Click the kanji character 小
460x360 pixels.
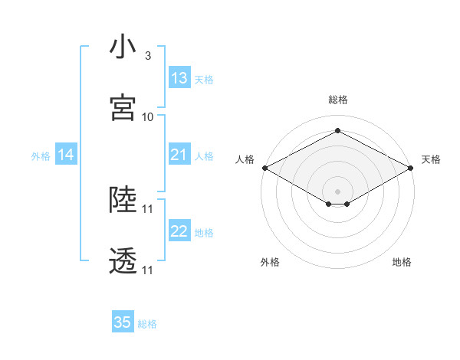pyautogui.click(x=123, y=47)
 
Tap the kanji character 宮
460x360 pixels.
pyautogui.click(x=123, y=108)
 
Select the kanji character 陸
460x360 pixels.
pyautogui.click(x=123, y=201)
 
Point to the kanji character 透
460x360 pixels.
pyautogui.click(x=123, y=262)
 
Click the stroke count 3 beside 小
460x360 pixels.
pyautogui.click(x=147, y=56)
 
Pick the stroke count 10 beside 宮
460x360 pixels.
pyautogui.click(x=148, y=117)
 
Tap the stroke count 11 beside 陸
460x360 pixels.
pyautogui.click(x=148, y=208)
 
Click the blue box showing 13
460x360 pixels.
pyautogui.click(x=179, y=78)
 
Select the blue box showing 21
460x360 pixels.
pyautogui.click(x=179, y=155)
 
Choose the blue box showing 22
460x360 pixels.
pyautogui.click(x=179, y=231)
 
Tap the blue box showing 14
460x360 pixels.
pyautogui.click(x=66, y=155)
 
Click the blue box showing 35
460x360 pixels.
pyautogui.click(x=123, y=322)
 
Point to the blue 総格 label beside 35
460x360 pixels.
pyautogui.click(x=147, y=324)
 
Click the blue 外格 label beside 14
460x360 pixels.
pyautogui.click(x=41, y=156)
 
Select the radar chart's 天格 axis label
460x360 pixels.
pyautogui.click(x=431, y=159)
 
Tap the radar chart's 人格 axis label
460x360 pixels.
pyautogui.click(x=245, y=159)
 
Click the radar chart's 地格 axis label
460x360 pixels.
pyautogui.click(x=402, y=262)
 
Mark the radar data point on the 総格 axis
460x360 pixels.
pyautogui.click(x=337, y=131)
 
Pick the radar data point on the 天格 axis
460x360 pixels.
pyautogui.click(x=412, y=168)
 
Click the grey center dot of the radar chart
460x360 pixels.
pyautogui.click(x=337, y=191)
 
